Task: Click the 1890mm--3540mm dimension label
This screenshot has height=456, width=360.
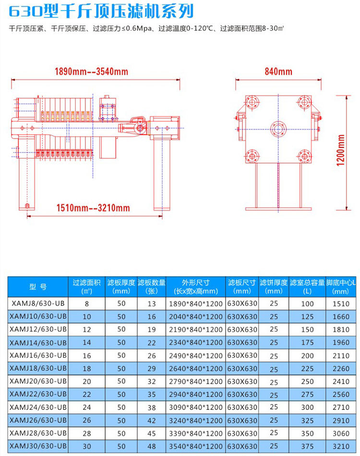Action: (x=91, y=71)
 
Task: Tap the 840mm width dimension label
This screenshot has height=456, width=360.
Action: (x=278, y=71)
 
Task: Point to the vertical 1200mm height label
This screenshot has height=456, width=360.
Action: (x=341, y=150)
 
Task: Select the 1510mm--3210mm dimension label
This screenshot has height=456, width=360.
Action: (x=93, y=208)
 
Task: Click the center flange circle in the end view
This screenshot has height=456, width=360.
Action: (x=278, y=129)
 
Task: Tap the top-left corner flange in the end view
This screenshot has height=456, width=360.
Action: (x=252, y=102)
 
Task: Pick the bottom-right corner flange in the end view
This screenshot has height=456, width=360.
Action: (x=304, y=156)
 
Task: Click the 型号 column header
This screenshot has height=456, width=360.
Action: (x=38, y=287)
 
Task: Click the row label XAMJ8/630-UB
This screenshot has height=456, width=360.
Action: (x=38, y=304)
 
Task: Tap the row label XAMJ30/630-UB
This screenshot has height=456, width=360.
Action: (x=38, y=446)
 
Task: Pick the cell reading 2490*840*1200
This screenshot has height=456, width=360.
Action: (x=195, y=356)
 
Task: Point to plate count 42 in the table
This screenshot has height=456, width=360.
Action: (x=151, y=421)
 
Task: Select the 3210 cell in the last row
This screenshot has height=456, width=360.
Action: (x=341, y=446)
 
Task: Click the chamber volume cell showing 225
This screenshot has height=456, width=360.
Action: (x=307, y=368)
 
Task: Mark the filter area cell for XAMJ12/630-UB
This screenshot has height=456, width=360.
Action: (x=87, y=329)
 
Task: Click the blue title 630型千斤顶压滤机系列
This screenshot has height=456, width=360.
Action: (x=101, y=12)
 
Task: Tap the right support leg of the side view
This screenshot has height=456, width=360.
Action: (x=162, y=175)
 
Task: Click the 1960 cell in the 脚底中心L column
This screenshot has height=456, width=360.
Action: (x=341, y=342)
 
